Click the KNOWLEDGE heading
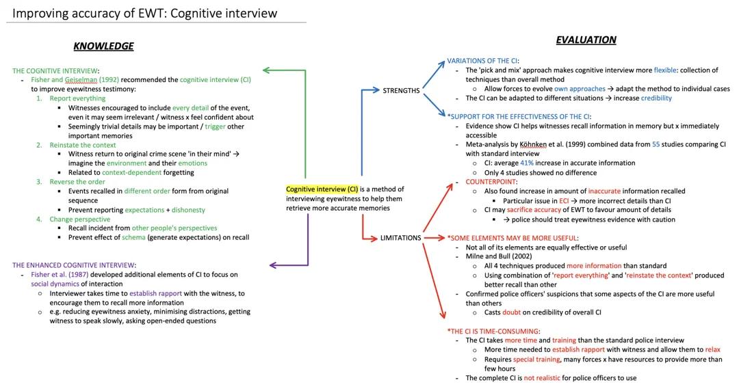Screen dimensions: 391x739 click(103, 46)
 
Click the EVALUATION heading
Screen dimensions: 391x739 click(586, 40)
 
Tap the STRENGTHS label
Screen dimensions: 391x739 click(401, 90)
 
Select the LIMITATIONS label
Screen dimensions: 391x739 click(400, 238)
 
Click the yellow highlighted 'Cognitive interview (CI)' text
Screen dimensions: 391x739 click(322, 189)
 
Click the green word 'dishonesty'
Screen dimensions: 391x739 click(188, 210)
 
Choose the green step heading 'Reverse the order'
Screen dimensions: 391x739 click(77, 182)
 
